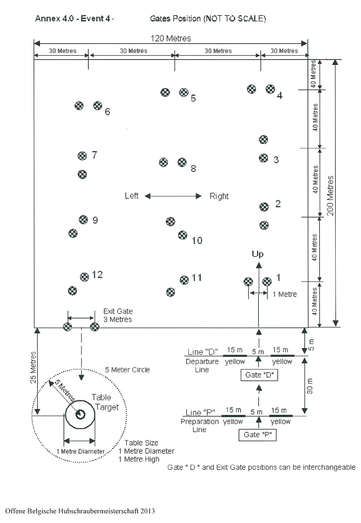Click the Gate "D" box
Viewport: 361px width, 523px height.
pos(259,375)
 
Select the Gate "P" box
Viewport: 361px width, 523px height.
pos(257,435)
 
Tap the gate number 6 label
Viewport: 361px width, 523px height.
pos(107,112)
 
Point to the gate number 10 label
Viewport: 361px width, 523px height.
pos(197,241)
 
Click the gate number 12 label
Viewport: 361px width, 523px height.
pos(97,275)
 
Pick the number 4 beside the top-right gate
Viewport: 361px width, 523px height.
pos(279,96)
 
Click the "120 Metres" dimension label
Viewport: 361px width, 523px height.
pos(170,38)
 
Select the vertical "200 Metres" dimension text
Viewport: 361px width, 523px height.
pos(330,195)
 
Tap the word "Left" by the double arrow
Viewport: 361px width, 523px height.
pos(131,196)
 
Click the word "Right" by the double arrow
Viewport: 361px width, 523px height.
pos(219,196)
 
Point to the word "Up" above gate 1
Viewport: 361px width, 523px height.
pos(258,254)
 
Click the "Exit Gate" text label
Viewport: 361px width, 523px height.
pos(118,311)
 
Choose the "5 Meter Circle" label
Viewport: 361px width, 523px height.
pos(127,370)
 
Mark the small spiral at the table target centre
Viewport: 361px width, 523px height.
pos(80,415)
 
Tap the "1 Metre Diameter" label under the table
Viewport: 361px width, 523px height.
pos(80,452)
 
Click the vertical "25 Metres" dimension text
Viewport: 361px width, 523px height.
pos(33,367)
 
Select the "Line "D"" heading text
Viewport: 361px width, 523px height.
pos(203,352)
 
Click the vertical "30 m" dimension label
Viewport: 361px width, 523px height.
pos(310,386)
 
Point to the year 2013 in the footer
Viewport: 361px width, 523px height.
pos(148,511)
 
